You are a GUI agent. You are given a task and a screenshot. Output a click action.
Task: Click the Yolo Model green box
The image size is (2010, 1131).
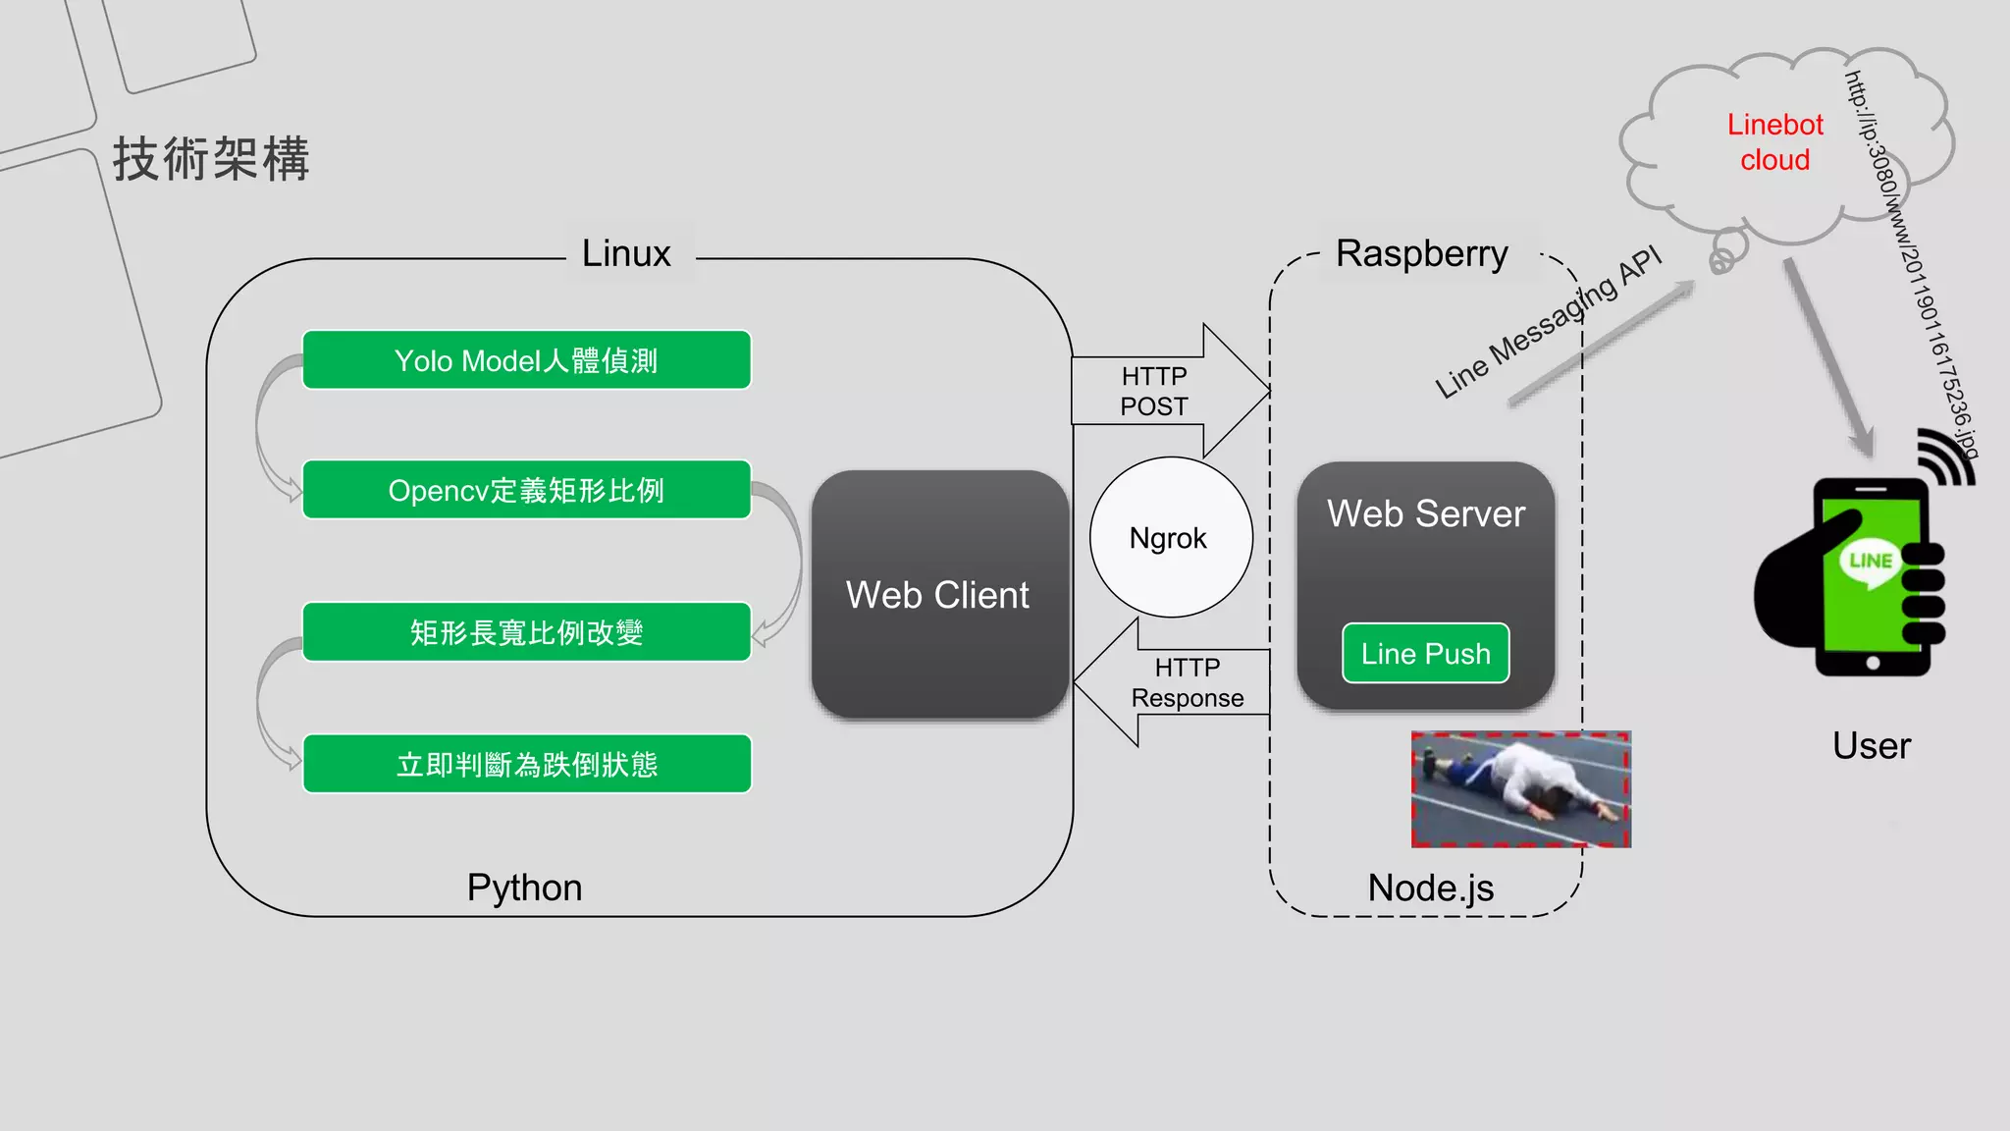tap(526, 360)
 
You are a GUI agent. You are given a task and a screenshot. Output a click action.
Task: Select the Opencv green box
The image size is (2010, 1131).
tap(526, 490)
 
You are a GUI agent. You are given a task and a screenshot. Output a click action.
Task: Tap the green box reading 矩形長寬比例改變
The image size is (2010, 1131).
tap(526, 632)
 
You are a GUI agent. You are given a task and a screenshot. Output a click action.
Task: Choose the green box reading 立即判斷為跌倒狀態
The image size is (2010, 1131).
tap(526, 764)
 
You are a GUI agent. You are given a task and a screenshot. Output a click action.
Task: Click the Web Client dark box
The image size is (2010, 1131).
tap(938, 595)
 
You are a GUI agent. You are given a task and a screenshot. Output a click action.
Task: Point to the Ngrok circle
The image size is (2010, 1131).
tap(1170, 538)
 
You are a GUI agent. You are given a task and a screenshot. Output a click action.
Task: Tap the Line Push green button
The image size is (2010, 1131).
tap(1425, 654)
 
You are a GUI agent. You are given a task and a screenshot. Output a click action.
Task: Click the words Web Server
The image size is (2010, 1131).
tap(1425, 513)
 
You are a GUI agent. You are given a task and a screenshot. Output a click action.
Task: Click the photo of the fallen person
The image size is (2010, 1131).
tap(1520, 789)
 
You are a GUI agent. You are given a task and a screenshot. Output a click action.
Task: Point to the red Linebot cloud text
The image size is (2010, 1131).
tap(1774, 142)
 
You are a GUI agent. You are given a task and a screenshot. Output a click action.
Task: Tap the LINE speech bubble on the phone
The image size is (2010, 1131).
tap(1870, 563)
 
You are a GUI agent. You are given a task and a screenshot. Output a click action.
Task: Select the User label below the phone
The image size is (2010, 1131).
tap(1871, 746)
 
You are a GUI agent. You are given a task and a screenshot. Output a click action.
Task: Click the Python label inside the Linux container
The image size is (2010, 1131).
tap(524, 888)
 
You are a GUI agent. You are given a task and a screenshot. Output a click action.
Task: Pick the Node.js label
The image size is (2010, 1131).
tap(1430, 888)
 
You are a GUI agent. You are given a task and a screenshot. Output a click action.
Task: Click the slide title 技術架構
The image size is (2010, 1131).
tap(211, 159)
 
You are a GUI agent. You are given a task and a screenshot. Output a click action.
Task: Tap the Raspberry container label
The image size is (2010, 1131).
tap(1421, 254)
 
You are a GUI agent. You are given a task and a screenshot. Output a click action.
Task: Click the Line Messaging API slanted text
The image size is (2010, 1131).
tap(1549, 323)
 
